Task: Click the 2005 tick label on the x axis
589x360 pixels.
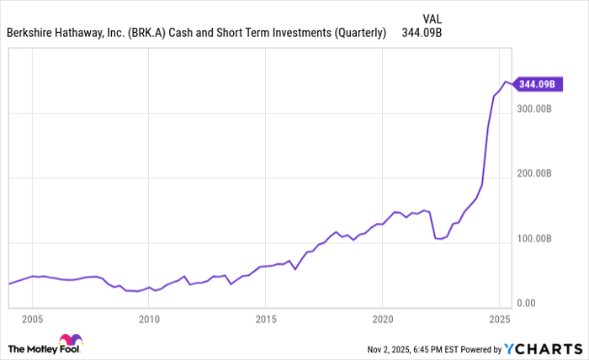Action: coord(33,320)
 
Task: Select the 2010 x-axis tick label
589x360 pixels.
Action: coord(149,320)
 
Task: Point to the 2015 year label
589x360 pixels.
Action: coord(265,320)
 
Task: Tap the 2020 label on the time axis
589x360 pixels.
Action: coord(382,320)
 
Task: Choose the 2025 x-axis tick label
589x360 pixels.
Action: coord(498,320)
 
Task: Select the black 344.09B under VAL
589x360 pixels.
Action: coord(422,34)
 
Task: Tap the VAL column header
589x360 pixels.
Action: coord(431,17)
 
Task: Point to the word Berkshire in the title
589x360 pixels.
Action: coord(33,34)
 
